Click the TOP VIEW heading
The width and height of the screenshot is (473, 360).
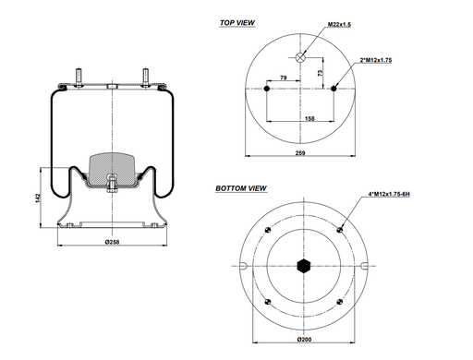[x=238, y=21]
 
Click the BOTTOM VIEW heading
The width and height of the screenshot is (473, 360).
[x=241, y=188]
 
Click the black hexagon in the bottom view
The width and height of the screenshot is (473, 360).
[x=304, y=268]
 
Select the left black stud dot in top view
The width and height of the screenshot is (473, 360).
[x=267, y=90]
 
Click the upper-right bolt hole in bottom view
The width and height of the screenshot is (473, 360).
[x=341, y=230]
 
